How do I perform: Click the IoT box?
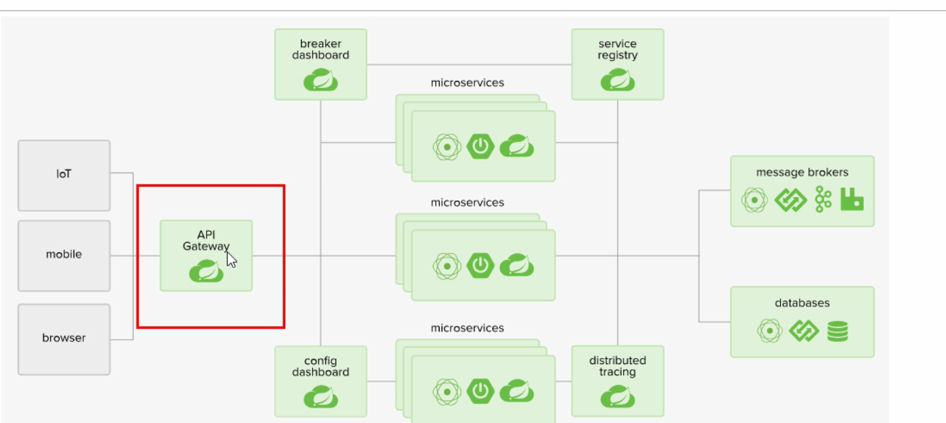click(x=64, y=175)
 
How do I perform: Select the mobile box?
click(x=64, y=255)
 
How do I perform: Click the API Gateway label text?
click(x=206, y=240)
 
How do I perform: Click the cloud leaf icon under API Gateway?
click(x=206, y=271)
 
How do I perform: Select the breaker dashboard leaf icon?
click(x=321, y=81)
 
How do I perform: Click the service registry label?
click(x=617, y=50)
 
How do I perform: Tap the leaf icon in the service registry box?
click(x=617, y=81)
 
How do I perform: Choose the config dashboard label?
click(x=320, y=367)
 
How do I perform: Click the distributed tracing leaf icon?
click(x=617, y=397)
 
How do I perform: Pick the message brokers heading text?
click(x=802, y=173)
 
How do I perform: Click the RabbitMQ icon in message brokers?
click(x=852, y=200)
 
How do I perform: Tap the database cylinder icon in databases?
click(x=837, y=332)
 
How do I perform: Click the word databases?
click(x=802, y=303)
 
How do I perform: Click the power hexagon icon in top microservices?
click(x=480, y=147)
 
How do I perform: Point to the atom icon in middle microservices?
click(x=448, y=266)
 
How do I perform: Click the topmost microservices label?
click(x=467, y=83)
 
